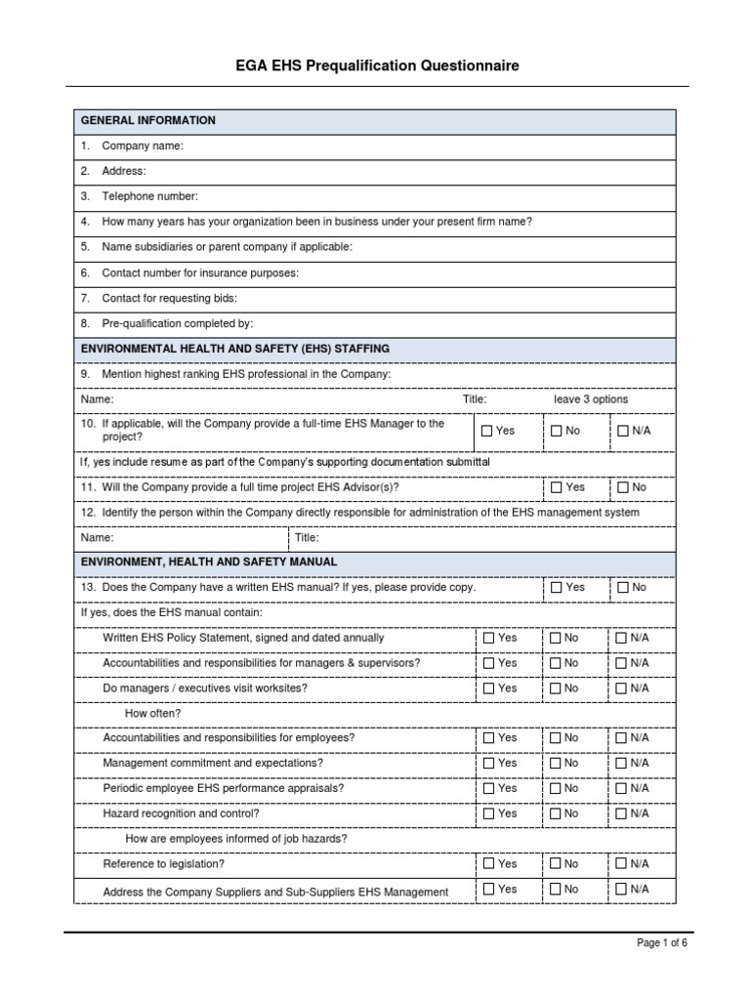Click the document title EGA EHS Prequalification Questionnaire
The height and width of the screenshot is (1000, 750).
click(x=376, y=66)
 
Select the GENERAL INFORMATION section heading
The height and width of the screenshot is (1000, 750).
click(x=148, y=121)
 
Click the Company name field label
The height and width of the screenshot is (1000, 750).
click(x=142, y=146)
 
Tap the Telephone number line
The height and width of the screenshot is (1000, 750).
click(x=149, y=197)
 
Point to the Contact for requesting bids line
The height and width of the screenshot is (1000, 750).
click(x=169, y=298)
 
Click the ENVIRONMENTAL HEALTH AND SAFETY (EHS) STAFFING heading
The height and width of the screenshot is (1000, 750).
click(x=235, y=349)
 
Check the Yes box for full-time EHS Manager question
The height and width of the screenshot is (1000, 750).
click(x=488, y=431)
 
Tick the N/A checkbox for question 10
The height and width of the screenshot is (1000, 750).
click(x=623, y=431)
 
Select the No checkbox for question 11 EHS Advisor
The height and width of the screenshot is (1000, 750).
click(x=623, y=487)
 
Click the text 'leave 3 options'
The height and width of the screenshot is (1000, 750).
click(x=591, y=399)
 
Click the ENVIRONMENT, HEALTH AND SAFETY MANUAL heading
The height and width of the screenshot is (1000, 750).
click(x=209, y=562)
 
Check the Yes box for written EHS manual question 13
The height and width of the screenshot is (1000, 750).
click(x=557, y=588)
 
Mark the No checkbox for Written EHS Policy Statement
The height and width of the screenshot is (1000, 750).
click(x=557, y=638)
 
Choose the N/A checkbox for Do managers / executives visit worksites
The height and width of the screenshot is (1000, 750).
click(x=623, y=688)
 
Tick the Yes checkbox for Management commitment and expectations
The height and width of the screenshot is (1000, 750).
click(x=488, y=764)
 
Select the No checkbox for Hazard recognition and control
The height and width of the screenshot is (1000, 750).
click(x=557, y=813)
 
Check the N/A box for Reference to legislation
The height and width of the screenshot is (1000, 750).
click(x=623, y=864)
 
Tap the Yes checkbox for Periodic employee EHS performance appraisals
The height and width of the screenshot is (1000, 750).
click(x=488, y=788)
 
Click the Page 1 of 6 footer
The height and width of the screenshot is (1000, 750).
click(x=662, y=943)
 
